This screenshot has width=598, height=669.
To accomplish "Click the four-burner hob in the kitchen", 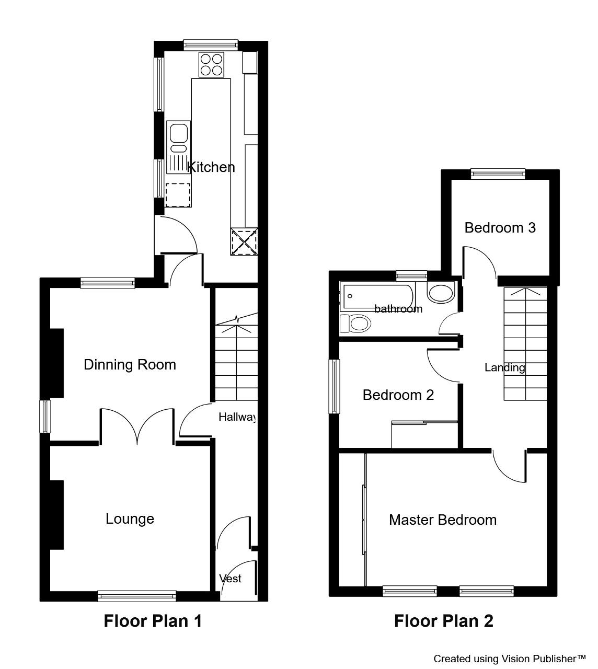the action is click(211, 64).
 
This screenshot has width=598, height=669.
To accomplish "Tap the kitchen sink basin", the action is click(179, 133).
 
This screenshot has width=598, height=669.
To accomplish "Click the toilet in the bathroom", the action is click(355, 324).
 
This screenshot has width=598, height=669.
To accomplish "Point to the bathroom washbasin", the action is click(441, 292).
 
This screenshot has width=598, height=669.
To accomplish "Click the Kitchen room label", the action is click(211, 167).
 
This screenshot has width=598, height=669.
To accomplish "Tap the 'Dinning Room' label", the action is click(130, 364).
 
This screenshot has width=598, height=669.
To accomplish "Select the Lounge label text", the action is click(130, 519).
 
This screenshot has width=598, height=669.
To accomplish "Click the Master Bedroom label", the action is click(443, 520).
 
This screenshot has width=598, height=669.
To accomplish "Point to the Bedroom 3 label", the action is click(500, 227).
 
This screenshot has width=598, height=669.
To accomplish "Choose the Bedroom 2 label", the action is click(398, 395).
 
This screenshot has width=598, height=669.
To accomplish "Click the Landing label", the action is click(504, 368).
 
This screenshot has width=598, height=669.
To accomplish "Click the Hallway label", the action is click(237, 417).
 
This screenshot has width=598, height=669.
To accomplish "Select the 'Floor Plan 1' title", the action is click(153, 621).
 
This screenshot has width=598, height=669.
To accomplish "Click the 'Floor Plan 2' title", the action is click(443, 621).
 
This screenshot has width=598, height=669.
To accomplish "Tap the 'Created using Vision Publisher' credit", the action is click(510, 659).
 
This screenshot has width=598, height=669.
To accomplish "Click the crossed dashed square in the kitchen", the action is click(244, 241).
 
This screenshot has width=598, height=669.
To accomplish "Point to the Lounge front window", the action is click(137, 596).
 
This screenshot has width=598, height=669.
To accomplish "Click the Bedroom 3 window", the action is click(498, 174).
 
